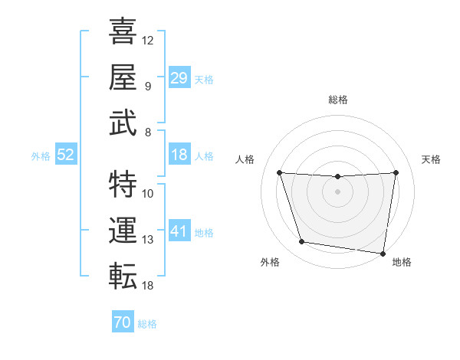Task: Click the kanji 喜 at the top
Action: pyautogui.click(x=123, y=33)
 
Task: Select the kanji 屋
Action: pyautogui.click(x=123, y=77)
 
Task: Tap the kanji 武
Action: pyautogui.click(x=123, y=123)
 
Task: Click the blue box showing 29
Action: pyautogui.click(x=179, y=77)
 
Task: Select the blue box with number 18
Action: pyautogui.click(x=179, y=155)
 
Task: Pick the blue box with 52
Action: pyautogui.click(x=66, y=155)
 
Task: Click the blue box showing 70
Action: pyautogui.click(x=122, y=323)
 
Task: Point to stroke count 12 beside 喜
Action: pyautogui.click(x=148, y=39)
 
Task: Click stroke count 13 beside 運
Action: pyautogui.click(x=148, y=240)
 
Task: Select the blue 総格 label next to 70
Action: pyautogui.click(x=147, y=324)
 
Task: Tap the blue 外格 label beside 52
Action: pyautogui.click(x=41, y=155)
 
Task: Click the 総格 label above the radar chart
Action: pyautogui.click(x=337, y=100)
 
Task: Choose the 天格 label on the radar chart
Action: pyautogui.click(x=432, y=159)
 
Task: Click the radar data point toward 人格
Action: pyautogui.click(x=279, y=172)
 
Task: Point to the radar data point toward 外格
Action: pyautogui.click(x=302, y=242)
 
